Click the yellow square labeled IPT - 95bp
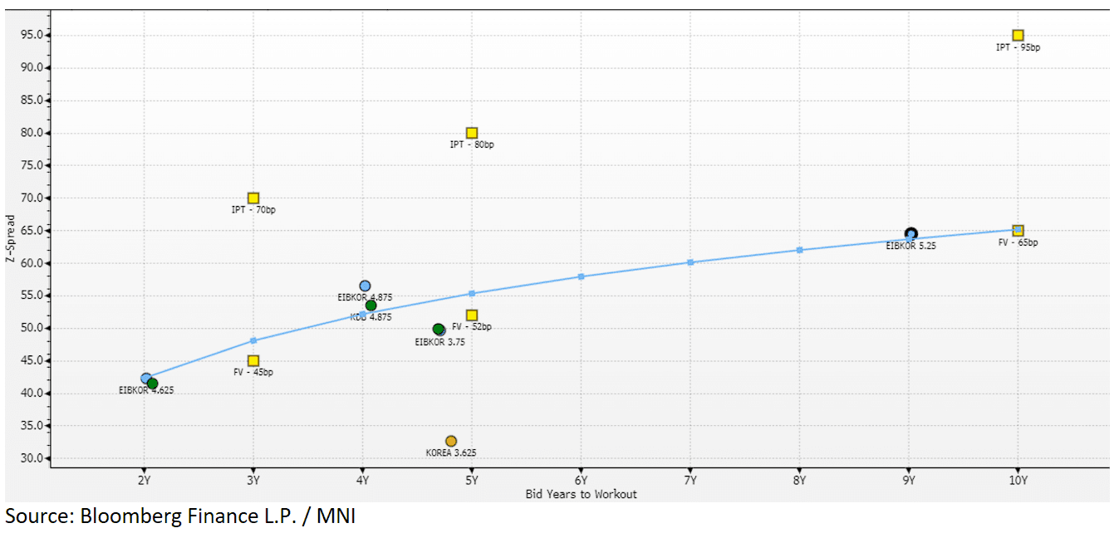point(1018,36)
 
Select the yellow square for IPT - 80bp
point(472,133)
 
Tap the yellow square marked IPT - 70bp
point(253,198)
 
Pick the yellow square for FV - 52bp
point(472,315)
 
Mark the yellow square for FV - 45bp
point(253,361)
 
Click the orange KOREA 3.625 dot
point(451,441)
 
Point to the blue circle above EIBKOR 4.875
point(365,286)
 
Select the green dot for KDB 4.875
point(371,306)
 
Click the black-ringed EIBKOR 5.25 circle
point(911,234)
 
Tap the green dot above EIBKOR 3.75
point(438,330)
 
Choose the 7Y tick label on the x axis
point(690,481)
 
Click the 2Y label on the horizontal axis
point(145,481)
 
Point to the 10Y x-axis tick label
point(1018,481)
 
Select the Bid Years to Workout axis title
point(582,494)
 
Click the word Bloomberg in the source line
point(130,516)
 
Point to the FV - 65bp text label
point(1018,242)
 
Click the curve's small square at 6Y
point(581,276)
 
